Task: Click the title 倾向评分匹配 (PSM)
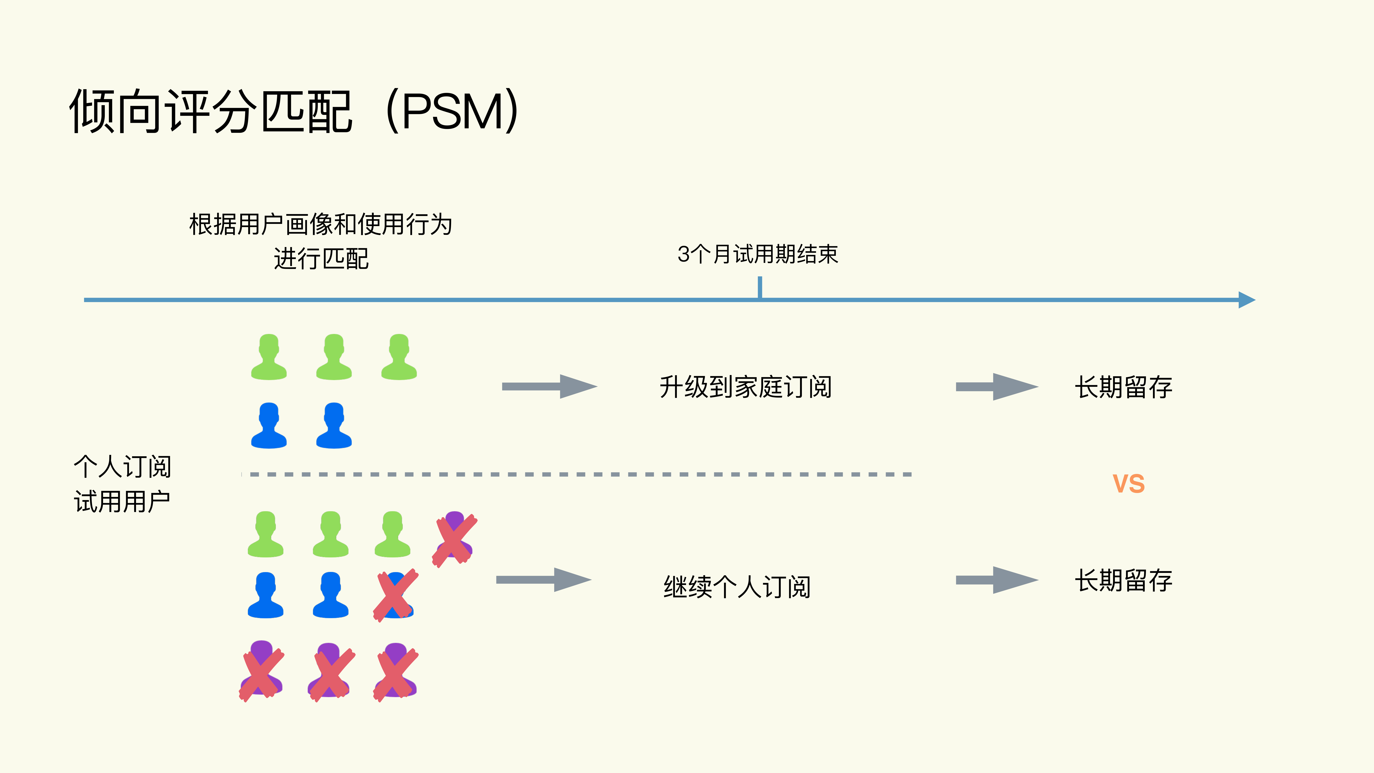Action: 293,111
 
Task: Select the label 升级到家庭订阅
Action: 745,387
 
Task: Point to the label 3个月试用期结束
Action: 757,254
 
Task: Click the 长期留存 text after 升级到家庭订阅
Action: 1123,387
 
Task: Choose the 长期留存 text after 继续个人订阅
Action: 1123,580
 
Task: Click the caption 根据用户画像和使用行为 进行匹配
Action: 320,241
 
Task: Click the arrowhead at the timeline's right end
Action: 1247,300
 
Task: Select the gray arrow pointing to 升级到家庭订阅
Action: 549,386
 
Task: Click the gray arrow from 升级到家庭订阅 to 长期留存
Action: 996,387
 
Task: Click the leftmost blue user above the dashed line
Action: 269,426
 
